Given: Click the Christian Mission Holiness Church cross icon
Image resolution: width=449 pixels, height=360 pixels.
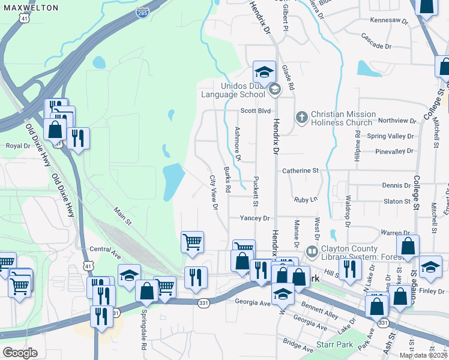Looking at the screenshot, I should coord(301,118).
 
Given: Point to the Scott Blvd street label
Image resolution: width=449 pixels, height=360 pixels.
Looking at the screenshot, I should coord(256,111).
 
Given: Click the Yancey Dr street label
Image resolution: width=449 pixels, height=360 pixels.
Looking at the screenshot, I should coord(255,218).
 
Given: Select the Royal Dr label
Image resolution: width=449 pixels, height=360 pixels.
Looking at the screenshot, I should coord(17,146).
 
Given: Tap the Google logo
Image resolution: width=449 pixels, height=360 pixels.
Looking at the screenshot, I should coord(20,352).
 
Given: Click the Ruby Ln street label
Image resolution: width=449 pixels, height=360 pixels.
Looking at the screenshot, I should coord(305,199).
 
